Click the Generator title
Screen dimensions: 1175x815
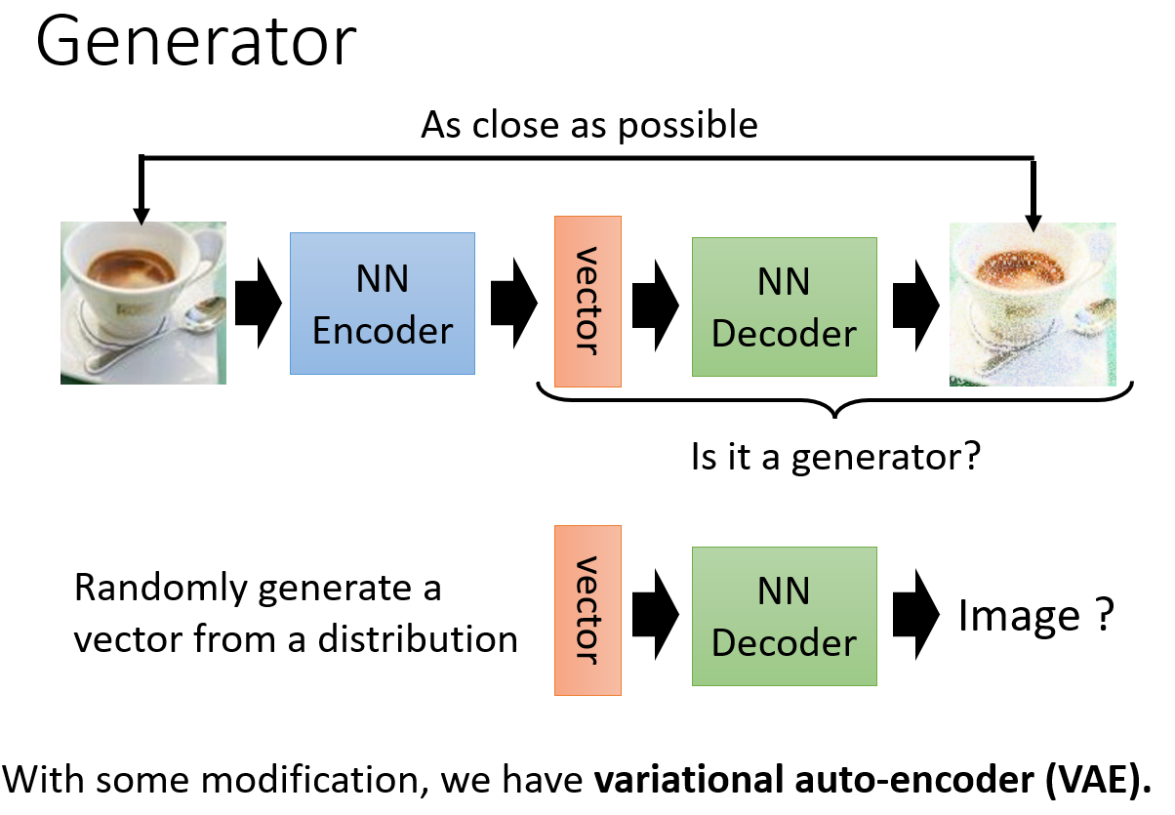point(195,42)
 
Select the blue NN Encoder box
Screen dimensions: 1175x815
point(383,304)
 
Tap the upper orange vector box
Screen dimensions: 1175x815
point(587,302)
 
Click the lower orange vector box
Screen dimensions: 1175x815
point(587,610)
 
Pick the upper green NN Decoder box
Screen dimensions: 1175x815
point(785,307)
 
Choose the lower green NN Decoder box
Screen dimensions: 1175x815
point(785,616)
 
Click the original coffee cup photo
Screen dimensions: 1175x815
point(143,303)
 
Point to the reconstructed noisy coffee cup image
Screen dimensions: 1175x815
point(1033,305)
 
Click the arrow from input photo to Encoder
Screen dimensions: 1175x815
point(258,303)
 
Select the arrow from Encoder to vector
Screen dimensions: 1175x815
point(514,303)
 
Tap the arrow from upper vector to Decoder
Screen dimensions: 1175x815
point(656,306)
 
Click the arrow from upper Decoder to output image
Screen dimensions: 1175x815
point(915,306)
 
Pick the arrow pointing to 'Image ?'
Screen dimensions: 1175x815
point(915,615)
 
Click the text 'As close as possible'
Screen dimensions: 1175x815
point(589,126)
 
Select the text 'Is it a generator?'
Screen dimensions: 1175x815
point(835,457)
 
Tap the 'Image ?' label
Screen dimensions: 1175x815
point(1036,615)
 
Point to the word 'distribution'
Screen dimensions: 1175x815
point(418,639)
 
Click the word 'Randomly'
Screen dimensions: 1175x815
point(160,589)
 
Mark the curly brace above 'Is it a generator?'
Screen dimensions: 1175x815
point(835,401)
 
